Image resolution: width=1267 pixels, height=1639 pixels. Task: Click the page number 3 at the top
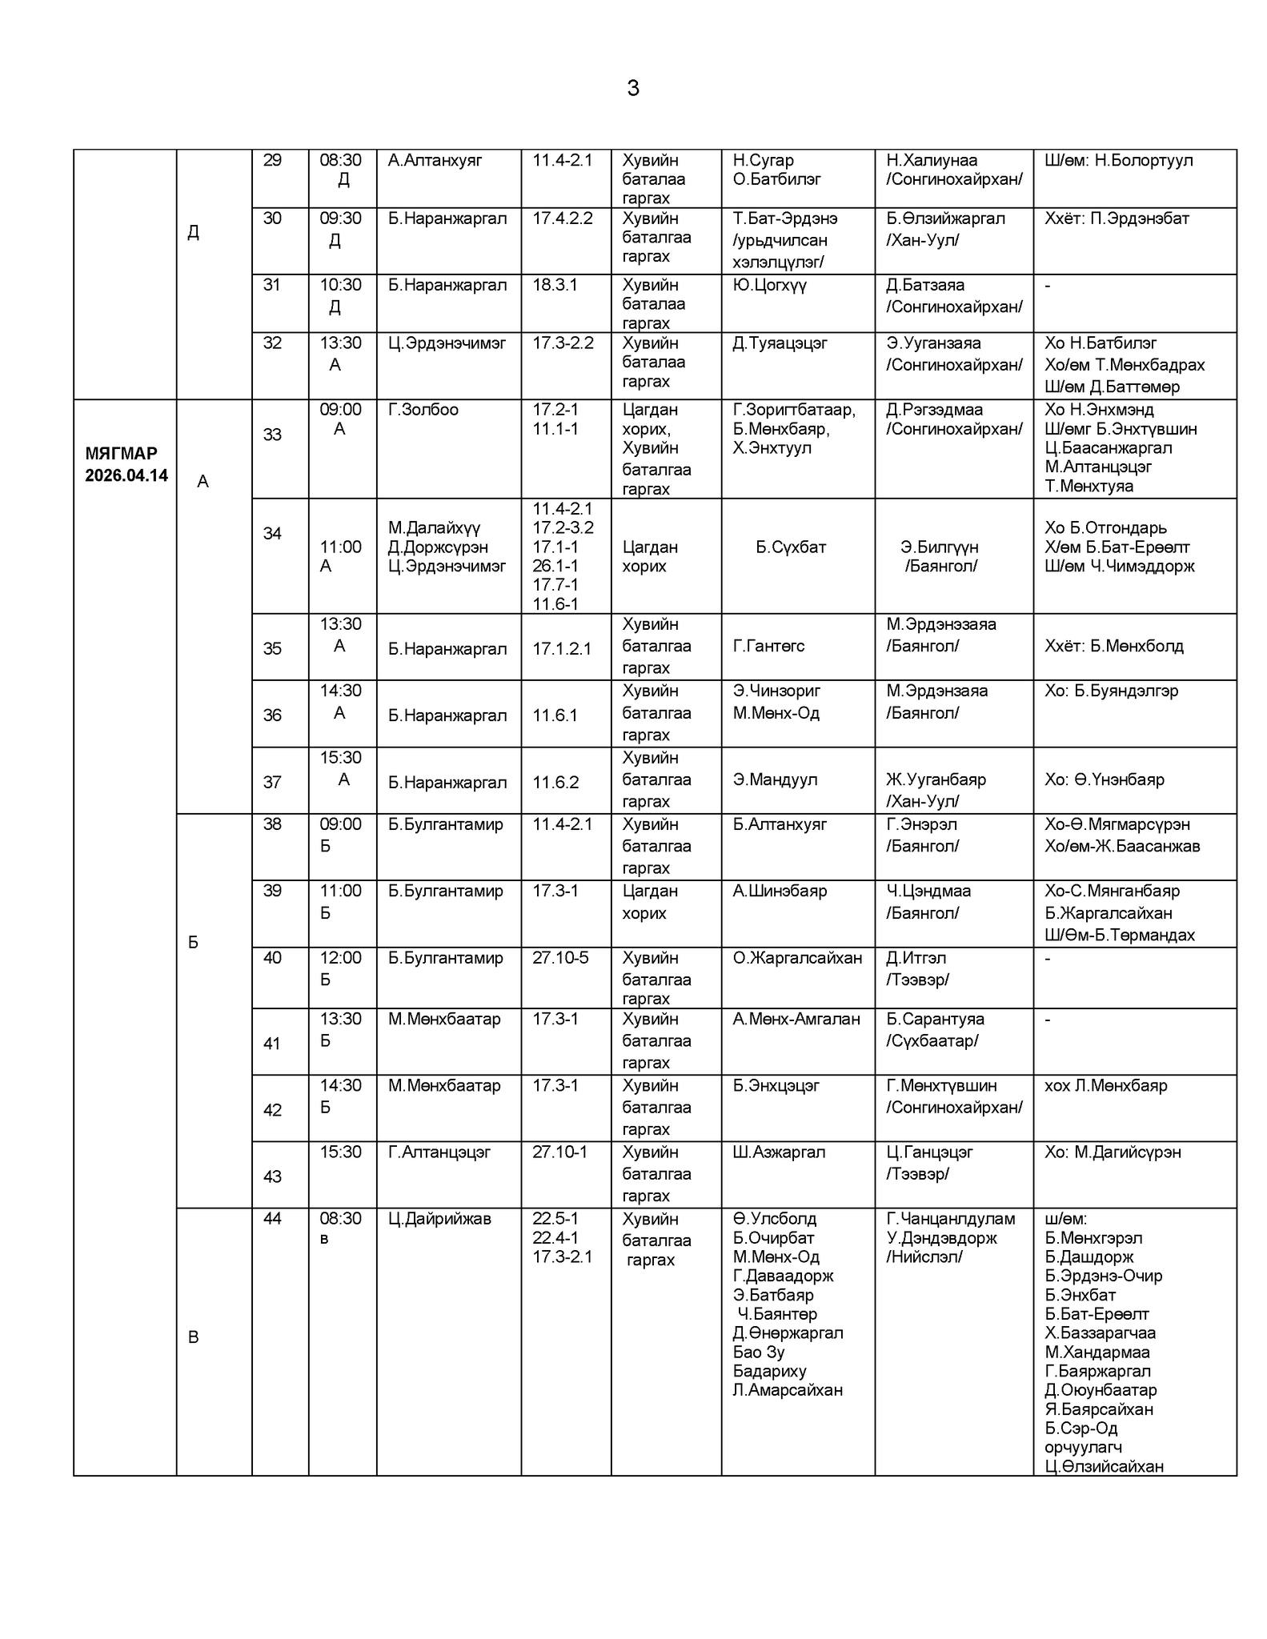(x=632, y=88)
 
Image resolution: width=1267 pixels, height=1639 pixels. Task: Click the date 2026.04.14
(x=126, y=475)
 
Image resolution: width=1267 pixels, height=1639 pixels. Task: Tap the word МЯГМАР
(x=121, y=454)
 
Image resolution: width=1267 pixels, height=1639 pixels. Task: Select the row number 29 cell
(x=272, y=160)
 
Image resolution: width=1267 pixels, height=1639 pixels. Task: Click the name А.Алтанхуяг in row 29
(x=435, y=160)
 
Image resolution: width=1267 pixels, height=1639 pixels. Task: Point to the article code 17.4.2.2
(x=563, y=218)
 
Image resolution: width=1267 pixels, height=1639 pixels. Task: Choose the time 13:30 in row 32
(x=340, y=343)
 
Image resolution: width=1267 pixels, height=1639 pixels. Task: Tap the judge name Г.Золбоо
(x=423, y=410)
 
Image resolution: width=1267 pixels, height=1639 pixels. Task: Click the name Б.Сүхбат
(x=791, y=547)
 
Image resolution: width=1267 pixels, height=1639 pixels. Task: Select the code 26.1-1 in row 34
(x=555, y=566)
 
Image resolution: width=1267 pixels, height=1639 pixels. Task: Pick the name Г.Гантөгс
(x=768, y=646)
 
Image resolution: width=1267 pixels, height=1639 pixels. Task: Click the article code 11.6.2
(x=555, y=783)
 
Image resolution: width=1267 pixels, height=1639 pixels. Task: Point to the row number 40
(x=272, y=958)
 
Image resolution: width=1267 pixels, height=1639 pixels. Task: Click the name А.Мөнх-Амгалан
(x=796, y=1019)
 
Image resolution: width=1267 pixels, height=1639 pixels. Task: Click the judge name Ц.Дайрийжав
(x=439, y=1219)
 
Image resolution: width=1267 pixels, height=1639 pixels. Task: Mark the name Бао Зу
(x=758, y=1352)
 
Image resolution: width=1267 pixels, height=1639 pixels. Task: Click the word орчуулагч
(x=1083, y=1448)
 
